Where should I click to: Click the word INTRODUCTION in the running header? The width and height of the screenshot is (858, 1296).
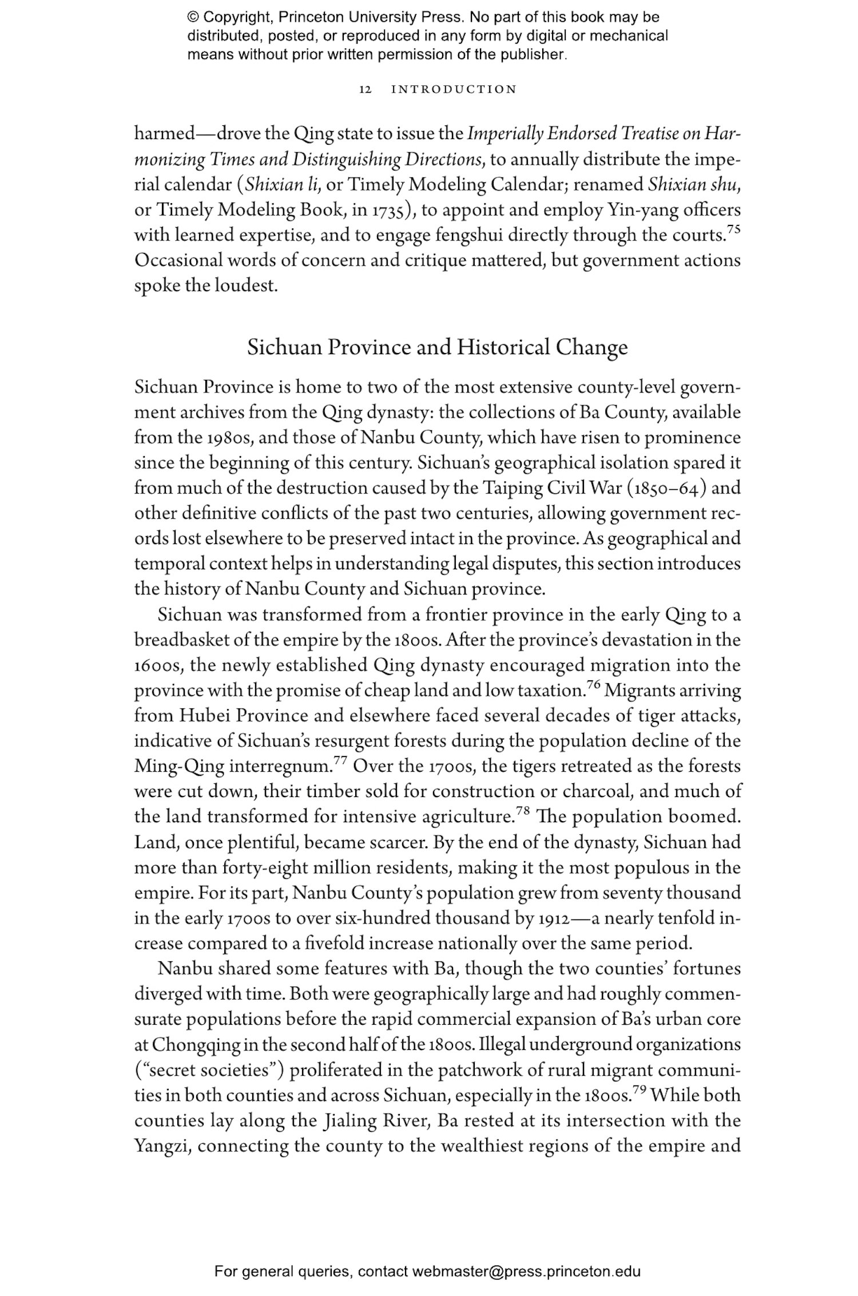tap(454, 90)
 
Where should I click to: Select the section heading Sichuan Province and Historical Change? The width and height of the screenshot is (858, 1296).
tap(437, 347)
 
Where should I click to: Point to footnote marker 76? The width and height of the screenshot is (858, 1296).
tap(592, 685)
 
